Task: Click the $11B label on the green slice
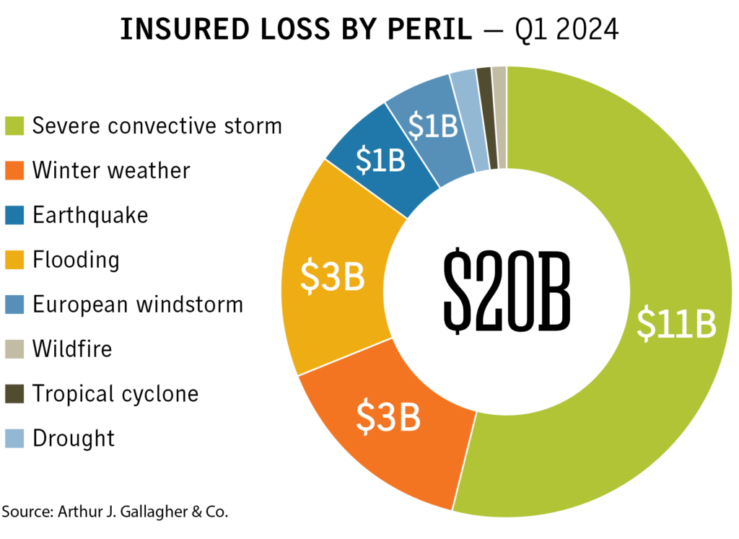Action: pyautogui.click(x=676, y=325)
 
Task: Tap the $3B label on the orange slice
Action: pyautogui.click(x=389, y=419)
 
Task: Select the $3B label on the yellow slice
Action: pyautogui.click(x=332, y=276)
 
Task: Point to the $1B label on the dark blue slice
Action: pyautogui.click(x=381, y=160)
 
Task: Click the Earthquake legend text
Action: pyautogui.click(x=90, y=215)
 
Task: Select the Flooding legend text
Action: pyautogui.click(x=76, y=260)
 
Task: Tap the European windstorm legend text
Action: pyautogui.click(x=138, y=304)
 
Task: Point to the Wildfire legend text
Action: pyautogui.click(x=72, y=349)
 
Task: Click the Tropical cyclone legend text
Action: pyautogui.click(x=115, y=394)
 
